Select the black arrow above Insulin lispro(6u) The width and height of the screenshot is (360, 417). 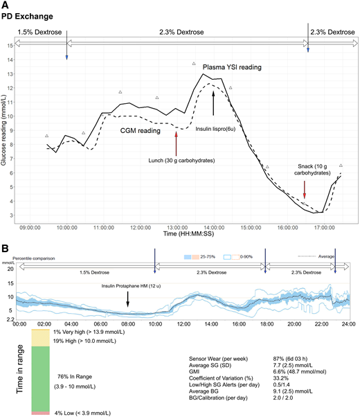click(213, 101)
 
